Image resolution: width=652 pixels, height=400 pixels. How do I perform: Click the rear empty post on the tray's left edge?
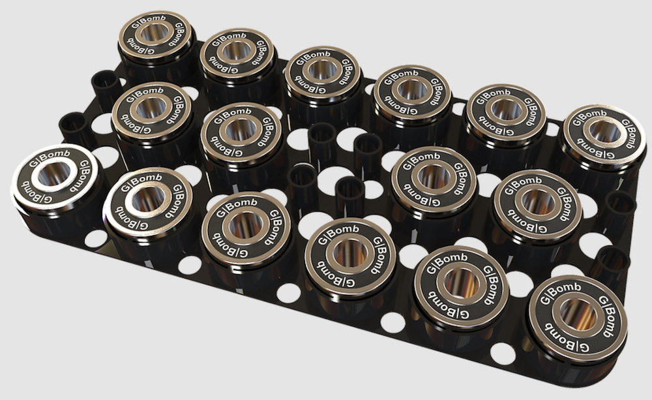click(x=105, y=85)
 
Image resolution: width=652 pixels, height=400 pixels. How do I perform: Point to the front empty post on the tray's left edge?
click(x=74, y=127)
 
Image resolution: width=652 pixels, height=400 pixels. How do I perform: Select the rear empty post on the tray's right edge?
click(x=619, y=208)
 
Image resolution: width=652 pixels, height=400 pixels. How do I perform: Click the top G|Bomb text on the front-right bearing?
click(x=559, y=287)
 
